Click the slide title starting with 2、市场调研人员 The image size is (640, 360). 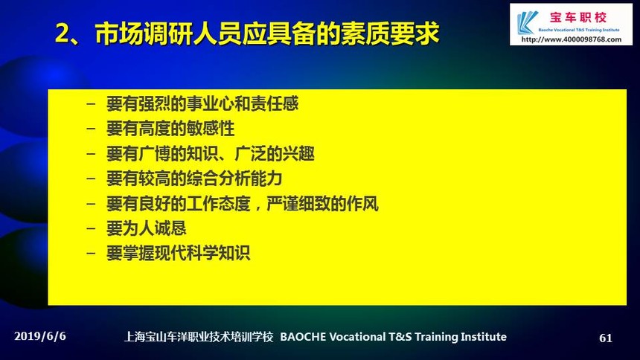coord(247,33)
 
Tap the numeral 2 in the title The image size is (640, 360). coord(63,33)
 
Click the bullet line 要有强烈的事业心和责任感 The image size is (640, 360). coord(202,103)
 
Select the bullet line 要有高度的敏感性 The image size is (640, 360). coord(170,129)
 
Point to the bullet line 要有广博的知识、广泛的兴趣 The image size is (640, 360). coord(210,154)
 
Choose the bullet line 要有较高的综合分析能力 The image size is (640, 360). coord(194,179)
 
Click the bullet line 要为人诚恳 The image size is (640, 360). coord(146,228)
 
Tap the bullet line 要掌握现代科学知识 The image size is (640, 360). coord(179,254)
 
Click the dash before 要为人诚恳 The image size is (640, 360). coord(91,229)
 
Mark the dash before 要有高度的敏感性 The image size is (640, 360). coord(91,129)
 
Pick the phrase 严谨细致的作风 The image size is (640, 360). coord(322,204)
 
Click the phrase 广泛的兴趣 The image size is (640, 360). coord(275,154)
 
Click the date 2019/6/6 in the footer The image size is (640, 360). coord(40,336)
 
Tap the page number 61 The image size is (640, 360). coord(606,338)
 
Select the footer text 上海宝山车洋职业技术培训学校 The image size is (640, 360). coord(199,337)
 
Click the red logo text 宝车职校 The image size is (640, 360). coord(578,17)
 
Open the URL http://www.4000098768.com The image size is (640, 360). coord(572,39)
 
